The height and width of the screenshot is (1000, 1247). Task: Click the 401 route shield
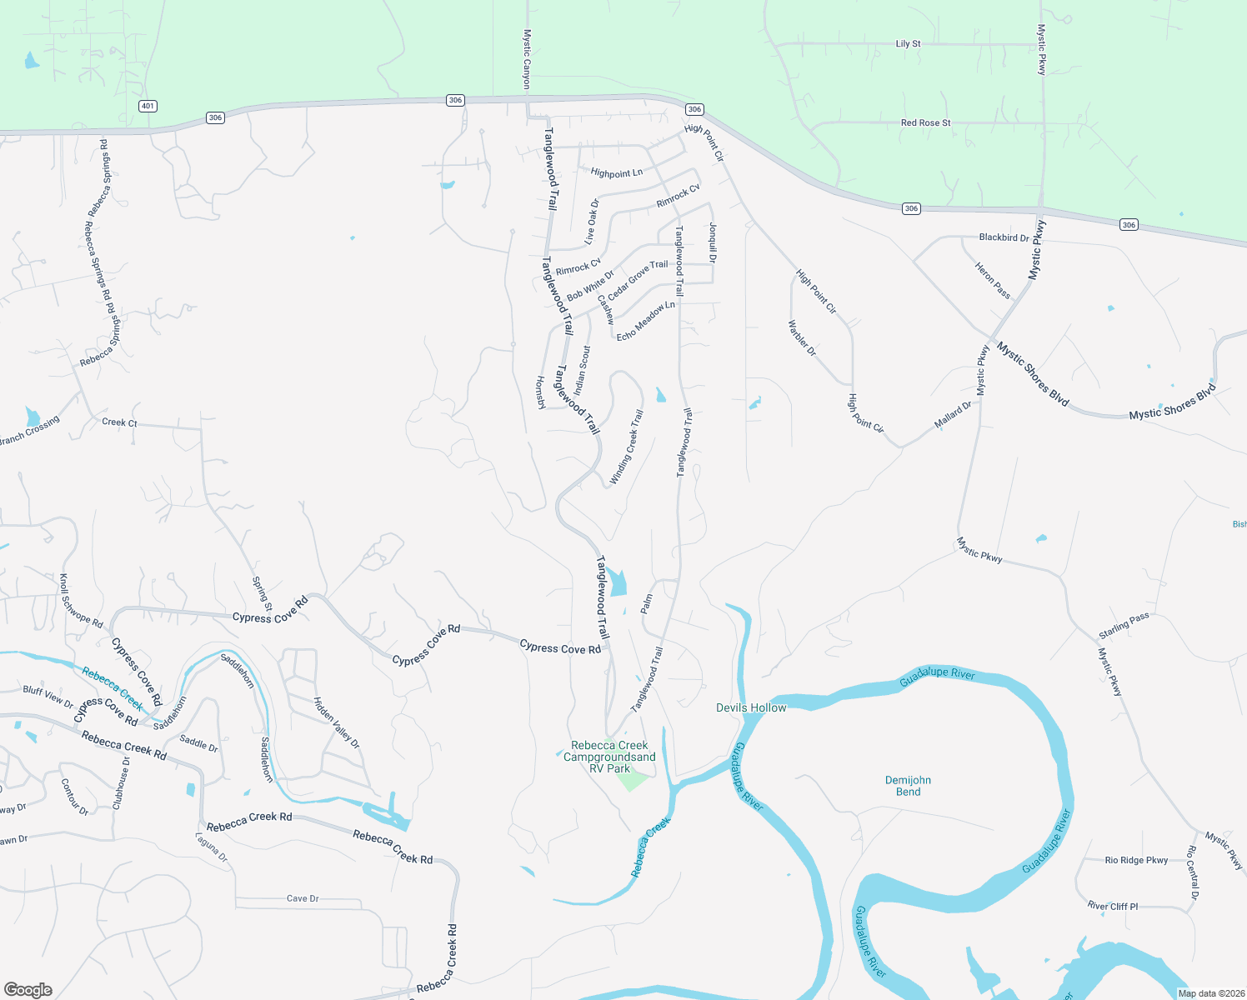click(148, 106)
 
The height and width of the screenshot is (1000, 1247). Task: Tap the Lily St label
click(908, 43)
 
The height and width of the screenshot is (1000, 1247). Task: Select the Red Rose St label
click(925, 122)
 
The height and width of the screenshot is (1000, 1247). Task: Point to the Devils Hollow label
click(751, 707)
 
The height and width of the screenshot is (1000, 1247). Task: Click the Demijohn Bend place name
click(908, 786)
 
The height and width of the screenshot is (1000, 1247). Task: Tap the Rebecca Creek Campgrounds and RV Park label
click(609, 757)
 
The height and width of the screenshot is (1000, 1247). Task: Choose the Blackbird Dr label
click(1004, 237)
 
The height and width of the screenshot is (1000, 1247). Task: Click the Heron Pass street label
click(993, 280)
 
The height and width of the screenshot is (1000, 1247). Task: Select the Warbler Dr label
click(802, 338)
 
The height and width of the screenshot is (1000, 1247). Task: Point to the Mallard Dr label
click(953, 415)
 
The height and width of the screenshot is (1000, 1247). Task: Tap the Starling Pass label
click(1124, 625)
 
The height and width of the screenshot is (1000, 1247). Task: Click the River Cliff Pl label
click(1112, 906)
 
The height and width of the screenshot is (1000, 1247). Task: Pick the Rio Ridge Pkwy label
click(1136, 860)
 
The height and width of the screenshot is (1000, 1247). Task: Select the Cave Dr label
click(303, 898)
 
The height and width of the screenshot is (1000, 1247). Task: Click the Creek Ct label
click(119, 422)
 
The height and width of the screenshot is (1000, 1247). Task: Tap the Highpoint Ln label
click(616, 173)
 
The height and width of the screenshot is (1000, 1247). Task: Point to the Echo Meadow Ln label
click(645, 321)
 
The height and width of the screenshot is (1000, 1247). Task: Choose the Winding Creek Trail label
click(627, 447)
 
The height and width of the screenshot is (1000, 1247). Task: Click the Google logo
click(28, 989)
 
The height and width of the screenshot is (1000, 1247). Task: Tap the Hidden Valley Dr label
click(336, 722)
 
